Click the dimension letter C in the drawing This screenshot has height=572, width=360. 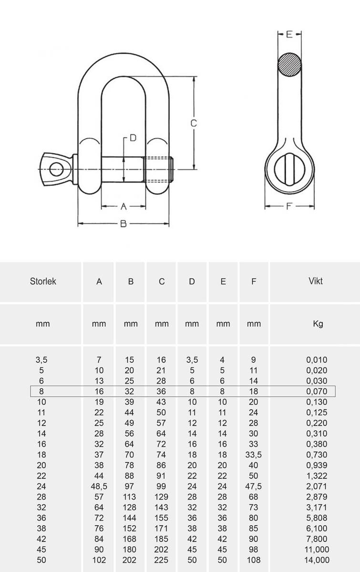[194, 123]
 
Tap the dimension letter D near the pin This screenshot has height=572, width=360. [133, 138]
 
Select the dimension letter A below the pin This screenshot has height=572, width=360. [123, 206]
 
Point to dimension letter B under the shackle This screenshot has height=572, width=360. [123, 224]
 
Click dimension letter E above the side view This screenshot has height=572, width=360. [289, 34]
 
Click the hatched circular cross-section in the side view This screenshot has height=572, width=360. [290, 64]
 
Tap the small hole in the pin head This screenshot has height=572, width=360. [56, 168]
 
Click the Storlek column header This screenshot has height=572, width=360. [42, 281]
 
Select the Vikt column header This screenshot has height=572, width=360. [315, 281]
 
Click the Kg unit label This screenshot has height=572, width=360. [318, 324]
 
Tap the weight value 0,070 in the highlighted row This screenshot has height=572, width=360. [317, 391]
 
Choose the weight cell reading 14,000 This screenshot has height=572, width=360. [317, 561]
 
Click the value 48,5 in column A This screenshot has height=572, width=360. [99, 487]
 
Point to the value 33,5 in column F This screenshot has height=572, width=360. [254, 455]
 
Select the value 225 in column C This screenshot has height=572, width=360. [162, 561]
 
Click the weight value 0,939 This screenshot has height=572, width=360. [317, 465]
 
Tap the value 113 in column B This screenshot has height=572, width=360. [131, 497]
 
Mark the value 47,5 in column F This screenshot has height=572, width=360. [254, 487]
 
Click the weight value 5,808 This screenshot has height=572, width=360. [317, 518]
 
